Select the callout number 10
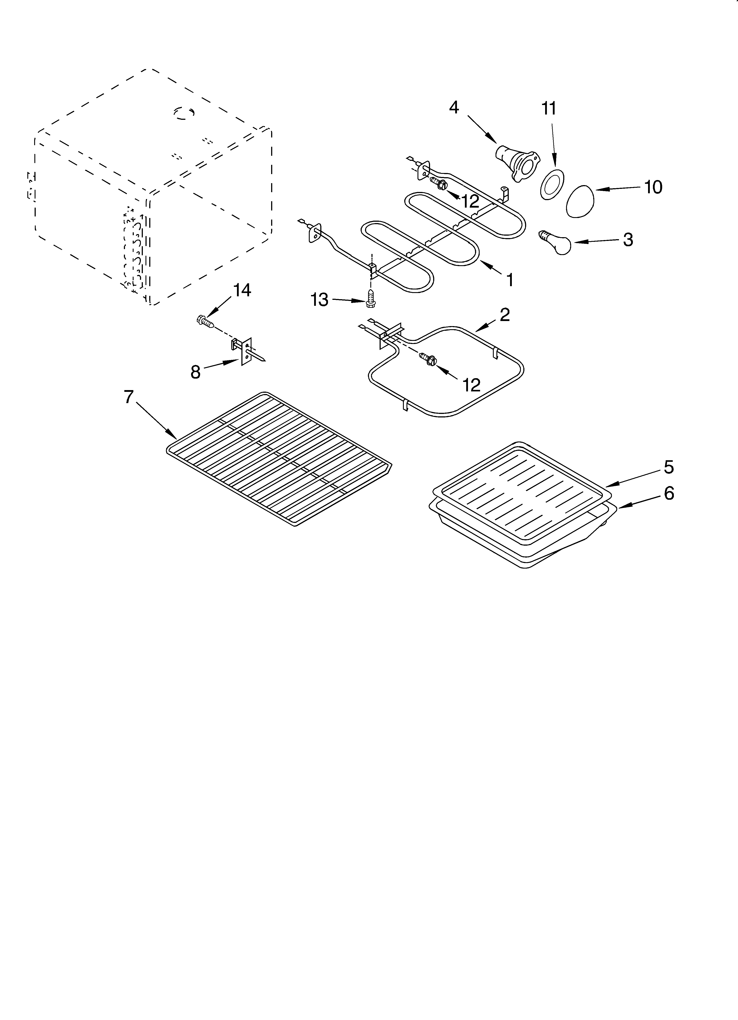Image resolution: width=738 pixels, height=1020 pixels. [653, 187]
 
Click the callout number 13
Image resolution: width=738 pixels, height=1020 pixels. [320, 300]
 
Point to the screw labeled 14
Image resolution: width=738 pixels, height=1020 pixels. [205, 321]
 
